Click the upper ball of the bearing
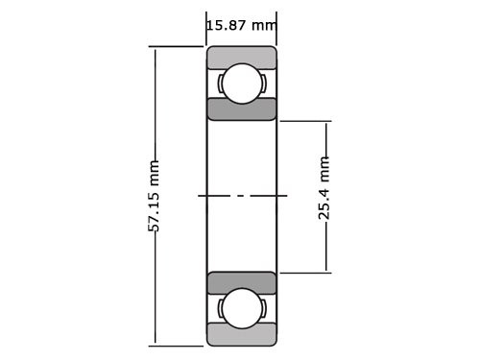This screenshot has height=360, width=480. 242,84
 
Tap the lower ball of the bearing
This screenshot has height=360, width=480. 242,308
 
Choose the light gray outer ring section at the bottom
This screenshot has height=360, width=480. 242,335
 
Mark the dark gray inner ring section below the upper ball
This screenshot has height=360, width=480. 242,108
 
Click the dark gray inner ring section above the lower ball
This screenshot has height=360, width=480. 242,283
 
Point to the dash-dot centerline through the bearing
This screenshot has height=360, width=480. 242,196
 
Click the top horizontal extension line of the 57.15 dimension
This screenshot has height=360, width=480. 178,46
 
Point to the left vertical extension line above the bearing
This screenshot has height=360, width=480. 207,29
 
